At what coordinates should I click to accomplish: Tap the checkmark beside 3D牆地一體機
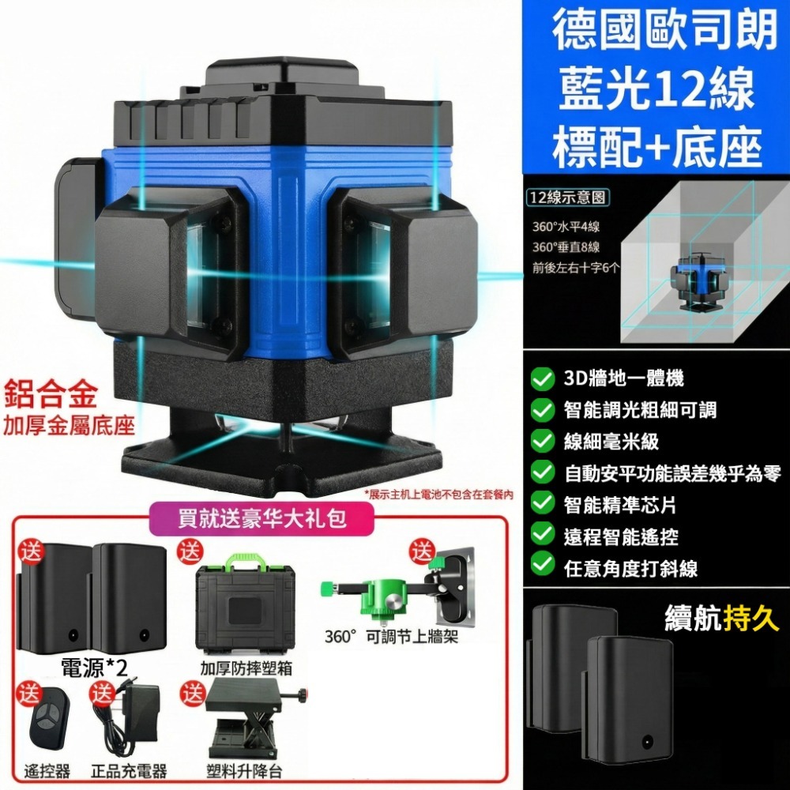pyautogui.click(x=542, y=380)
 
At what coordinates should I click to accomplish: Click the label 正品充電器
pyautogui.click(x=129, y=770)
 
